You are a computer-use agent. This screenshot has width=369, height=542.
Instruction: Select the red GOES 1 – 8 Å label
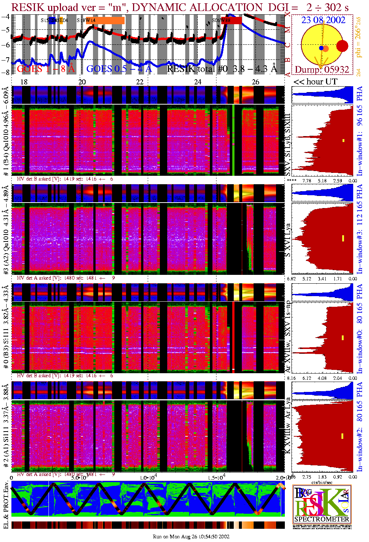46,69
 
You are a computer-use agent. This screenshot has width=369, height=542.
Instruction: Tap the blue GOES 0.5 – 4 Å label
119,69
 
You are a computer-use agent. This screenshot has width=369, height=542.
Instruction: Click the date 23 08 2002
323,20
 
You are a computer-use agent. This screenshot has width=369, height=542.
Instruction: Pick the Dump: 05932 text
322,70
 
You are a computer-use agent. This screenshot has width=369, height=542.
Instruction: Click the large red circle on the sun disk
342,46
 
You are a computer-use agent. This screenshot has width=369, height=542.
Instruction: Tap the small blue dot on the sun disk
321,48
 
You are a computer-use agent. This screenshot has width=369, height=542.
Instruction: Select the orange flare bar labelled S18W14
110,21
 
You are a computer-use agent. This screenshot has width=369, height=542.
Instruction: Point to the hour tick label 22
140,82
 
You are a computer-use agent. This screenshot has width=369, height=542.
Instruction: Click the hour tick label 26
255,82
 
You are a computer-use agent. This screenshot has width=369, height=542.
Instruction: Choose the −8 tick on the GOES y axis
6,72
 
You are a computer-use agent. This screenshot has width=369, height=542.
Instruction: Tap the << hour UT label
315,82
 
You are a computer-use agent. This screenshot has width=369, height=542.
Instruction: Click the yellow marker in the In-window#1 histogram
344,140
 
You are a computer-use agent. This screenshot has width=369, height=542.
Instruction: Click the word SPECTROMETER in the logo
322,519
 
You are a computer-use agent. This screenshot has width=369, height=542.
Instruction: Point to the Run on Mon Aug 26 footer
191,536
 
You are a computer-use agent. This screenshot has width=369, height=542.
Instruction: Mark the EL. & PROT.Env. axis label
6,505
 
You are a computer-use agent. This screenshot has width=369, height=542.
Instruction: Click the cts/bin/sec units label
322,482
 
